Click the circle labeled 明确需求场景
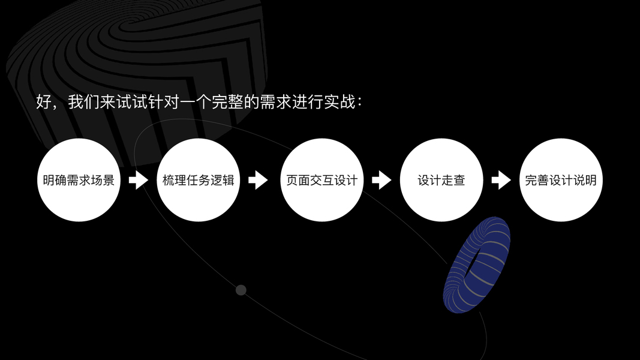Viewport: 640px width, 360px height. click(x=79, y=180)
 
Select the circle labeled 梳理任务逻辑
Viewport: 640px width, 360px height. click(x=198, y=180)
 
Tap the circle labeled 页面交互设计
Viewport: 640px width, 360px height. click(x=321, y=180)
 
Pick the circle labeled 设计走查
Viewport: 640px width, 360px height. click(x=441, y=180)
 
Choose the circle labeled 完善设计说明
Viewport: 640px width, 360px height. click(x=561, y=180)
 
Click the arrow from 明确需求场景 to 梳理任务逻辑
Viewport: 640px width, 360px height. click(x=139, y=180)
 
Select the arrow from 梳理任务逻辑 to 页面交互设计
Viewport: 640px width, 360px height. click(x=258, y=180)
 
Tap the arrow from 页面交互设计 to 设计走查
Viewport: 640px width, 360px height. click(x=381, y=180)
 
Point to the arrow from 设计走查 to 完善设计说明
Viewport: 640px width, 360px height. click(x=501, y=180)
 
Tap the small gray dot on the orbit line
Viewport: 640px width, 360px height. click(x=241, y=290)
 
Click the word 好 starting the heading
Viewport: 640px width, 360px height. click(x=44, y=102)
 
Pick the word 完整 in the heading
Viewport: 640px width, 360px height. click(x=228, y=102)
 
